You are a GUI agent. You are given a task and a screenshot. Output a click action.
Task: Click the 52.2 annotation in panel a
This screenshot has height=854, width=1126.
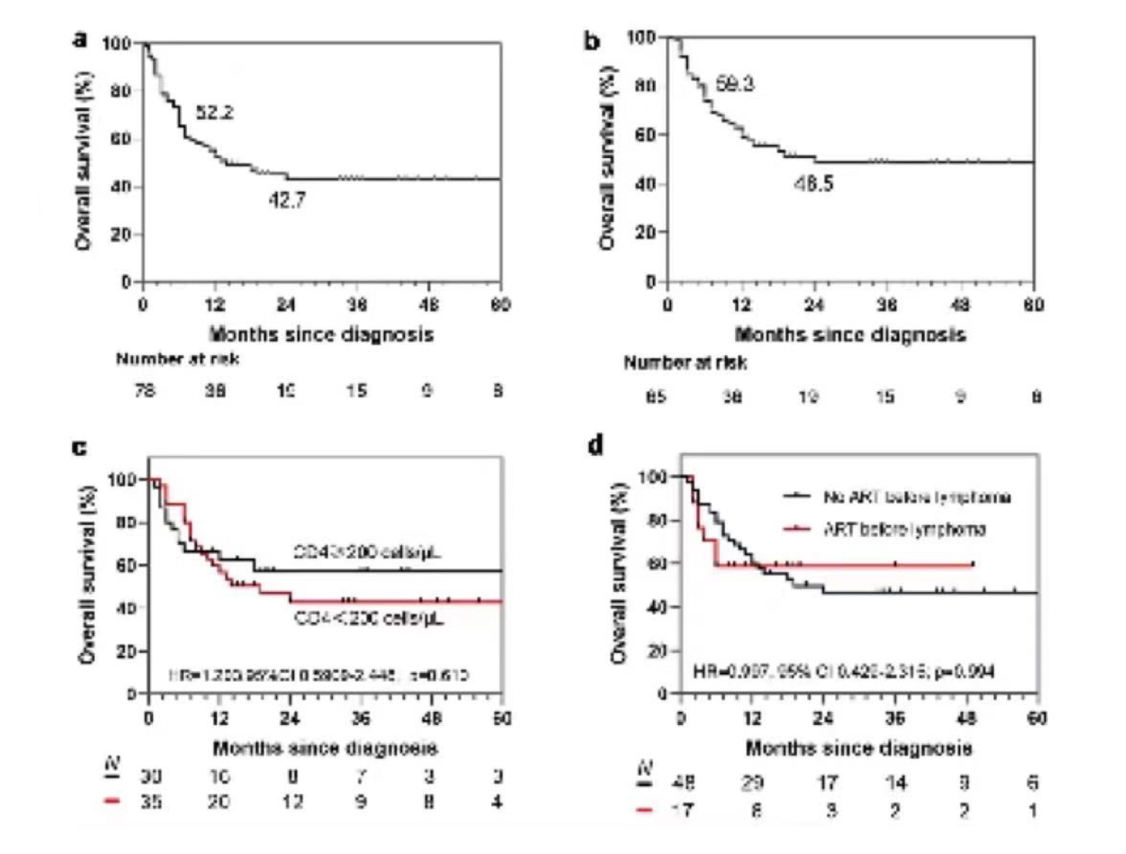coord(214,113)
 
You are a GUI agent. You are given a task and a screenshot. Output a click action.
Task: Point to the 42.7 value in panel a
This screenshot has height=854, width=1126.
coord(287,200)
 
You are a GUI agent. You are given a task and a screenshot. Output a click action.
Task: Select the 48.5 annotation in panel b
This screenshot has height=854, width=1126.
coord(813,184)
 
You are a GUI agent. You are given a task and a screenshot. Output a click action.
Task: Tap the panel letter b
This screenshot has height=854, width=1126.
coord(592,41)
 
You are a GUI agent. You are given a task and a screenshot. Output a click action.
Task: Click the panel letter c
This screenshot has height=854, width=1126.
coord(80,447)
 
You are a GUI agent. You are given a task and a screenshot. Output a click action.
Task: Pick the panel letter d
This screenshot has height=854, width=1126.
coord(596,445)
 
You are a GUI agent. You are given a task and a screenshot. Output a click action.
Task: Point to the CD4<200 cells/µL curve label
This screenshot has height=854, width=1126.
coord(369,619)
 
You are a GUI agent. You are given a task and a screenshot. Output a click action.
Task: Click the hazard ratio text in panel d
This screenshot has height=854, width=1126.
coord(844,671)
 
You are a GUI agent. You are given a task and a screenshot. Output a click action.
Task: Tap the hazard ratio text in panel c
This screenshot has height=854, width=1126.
coord(319,675)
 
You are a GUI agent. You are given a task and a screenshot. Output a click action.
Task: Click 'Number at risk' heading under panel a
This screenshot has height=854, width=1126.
coord(178,359)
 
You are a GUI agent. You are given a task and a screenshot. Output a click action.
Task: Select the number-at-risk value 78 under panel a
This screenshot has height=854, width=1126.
coord(145,390)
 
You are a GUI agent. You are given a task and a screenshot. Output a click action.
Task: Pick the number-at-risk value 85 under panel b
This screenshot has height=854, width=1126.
coord(655,396)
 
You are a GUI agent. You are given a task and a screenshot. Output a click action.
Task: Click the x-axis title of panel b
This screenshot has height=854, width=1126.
coord(850,335)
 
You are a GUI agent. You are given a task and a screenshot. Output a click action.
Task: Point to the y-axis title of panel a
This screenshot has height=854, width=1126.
coord(84,161)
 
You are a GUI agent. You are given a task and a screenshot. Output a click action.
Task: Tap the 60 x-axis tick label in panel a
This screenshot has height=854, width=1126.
coord(500,304)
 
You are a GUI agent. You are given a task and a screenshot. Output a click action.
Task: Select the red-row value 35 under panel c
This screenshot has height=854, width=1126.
coord(151,802)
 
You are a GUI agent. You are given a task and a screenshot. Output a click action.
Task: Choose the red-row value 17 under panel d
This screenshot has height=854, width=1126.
coord(683,810)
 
